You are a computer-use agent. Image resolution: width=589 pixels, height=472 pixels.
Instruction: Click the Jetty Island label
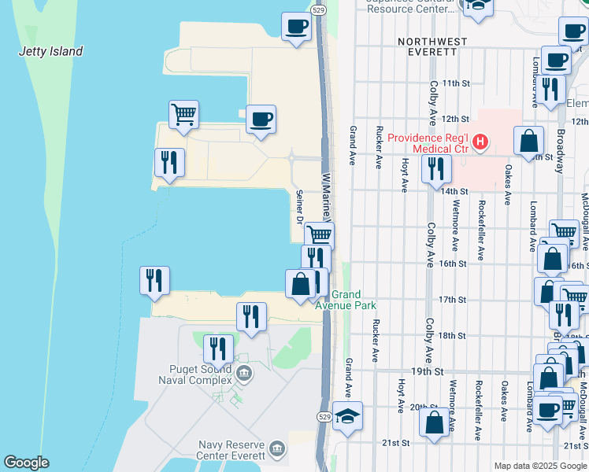pyautogui.click(x=50, y=52)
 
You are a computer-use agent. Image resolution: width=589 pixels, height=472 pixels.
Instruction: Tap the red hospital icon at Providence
pyautogui.click(x=480, y=142)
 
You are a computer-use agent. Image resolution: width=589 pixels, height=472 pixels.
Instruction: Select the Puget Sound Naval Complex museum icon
pyautogui.click(x=244, y=372)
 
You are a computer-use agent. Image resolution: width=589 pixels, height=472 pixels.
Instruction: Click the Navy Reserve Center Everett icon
pyautogui.click(x=276, y=448)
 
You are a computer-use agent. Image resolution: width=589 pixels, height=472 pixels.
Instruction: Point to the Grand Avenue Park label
pyautogui.click(x=347, y=300)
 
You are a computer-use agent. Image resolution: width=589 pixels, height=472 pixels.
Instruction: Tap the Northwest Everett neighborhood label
pyautogui.click(x=432, y=46)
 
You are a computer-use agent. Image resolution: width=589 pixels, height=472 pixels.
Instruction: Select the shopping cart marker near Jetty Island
pyautogui.click(x=183, y=115)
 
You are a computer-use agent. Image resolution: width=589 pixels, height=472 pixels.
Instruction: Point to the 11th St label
pyautogui.click(x=455, y=83)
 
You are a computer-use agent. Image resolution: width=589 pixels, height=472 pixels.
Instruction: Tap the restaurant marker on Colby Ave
pyautogui.click(x=435, y=168)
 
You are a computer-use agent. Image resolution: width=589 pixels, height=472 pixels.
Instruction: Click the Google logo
pyautogui.click(x=26, y=463)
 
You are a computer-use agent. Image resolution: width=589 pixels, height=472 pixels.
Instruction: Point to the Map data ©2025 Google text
pyautogui.click(x=540, y=466)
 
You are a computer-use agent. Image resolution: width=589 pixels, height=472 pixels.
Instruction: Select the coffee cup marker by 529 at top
pyautogui.click(x=297, y=27)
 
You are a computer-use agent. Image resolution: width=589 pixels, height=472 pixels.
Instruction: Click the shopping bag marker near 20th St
pyautogui.click(x=434, y=422)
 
